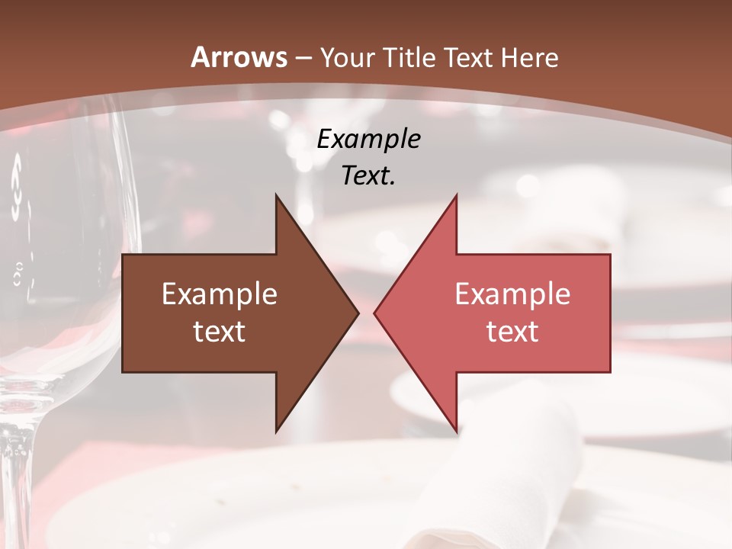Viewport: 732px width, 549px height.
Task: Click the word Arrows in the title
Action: [239, 57]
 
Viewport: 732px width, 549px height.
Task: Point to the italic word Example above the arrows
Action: [368, 140]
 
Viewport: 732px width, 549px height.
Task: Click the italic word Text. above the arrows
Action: [368, 176]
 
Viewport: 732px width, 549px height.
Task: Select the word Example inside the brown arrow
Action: [220, 294]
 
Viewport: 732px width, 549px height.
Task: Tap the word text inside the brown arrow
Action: [220, 331]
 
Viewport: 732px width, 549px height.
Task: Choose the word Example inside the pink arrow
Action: [512, 294]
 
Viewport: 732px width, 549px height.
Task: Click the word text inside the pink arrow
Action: [512, 331]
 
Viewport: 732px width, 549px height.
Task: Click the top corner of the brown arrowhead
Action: [276, 196]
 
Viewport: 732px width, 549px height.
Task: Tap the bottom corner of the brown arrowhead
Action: [276, 431]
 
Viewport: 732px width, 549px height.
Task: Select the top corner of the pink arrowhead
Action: [456, 196]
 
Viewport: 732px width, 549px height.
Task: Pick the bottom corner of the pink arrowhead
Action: [456, 431]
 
